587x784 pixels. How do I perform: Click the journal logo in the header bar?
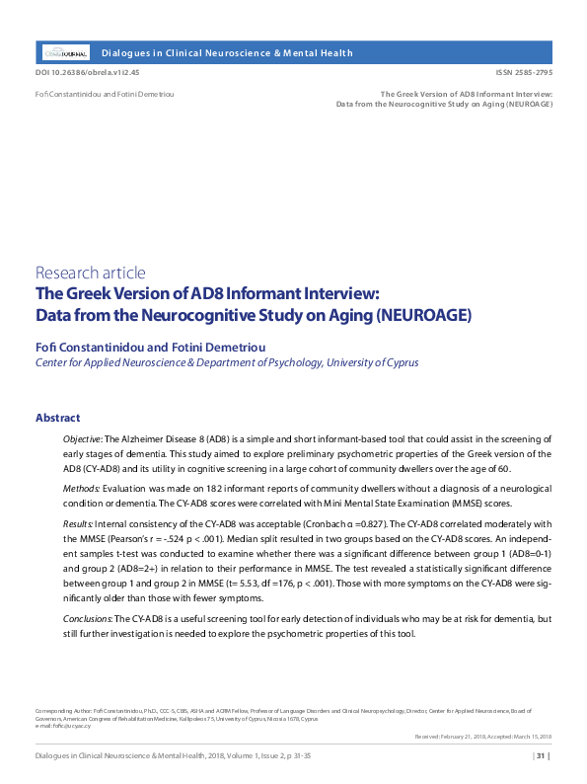[66, 52]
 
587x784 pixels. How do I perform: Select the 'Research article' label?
[91, 273]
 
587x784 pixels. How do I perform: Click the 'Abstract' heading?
[57, 418]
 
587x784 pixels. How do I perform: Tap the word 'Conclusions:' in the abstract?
[88, 618]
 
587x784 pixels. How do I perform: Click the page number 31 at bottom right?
[542, 757]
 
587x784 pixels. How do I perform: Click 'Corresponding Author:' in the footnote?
[60, 709]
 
